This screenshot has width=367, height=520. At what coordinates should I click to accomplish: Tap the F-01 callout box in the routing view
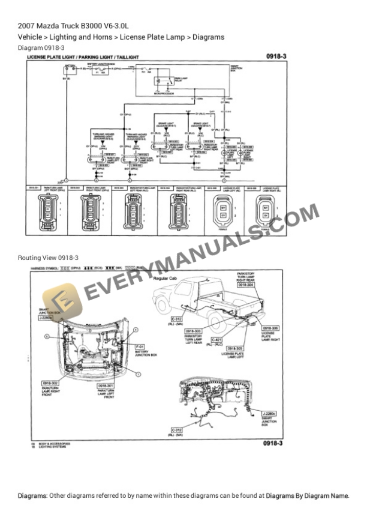[139, 347]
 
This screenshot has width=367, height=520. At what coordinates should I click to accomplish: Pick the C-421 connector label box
[217, 340]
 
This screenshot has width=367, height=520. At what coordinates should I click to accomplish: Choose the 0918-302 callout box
[50, 383]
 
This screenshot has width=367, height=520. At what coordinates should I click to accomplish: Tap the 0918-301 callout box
[106, 385]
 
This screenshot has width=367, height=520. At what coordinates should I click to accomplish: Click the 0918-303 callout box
[192, 331]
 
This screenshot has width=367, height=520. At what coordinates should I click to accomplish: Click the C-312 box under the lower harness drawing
[177, 430]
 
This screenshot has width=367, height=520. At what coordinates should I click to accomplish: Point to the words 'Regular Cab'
[165, 279]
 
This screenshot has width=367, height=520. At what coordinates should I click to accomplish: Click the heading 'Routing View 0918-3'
[48, 258]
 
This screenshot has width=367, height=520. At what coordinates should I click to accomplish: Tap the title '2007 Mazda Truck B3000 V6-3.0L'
[73, 26]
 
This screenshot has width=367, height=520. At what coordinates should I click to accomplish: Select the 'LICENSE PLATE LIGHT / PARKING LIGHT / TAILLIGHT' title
[83, 57]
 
